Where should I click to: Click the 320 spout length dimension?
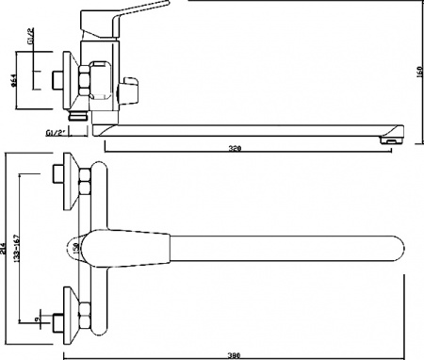click(243, 148)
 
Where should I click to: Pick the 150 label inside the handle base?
click(75, 247)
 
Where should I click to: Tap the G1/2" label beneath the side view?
click(56, 134)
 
